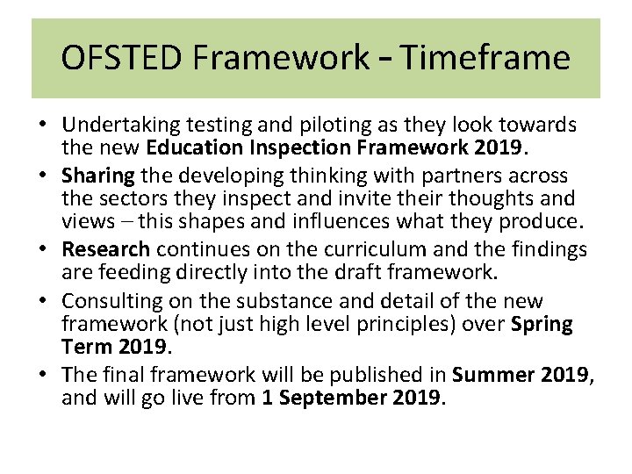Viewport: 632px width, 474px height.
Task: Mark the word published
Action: (x=370, y=375)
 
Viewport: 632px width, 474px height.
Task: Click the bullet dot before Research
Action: (x=43, y=250)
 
